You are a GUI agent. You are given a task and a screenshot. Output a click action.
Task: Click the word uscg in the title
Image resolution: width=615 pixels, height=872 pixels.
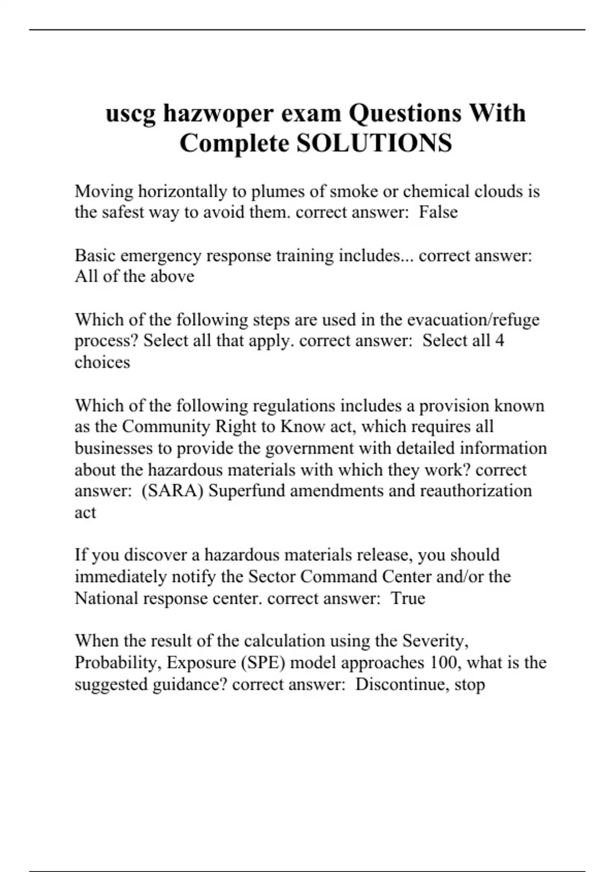(x=130, y=114)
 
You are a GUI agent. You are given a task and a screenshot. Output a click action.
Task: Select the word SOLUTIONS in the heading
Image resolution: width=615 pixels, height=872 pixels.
(x=374, y=143)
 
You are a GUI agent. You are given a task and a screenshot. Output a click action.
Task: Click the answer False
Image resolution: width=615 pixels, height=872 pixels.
(x=438, y=212)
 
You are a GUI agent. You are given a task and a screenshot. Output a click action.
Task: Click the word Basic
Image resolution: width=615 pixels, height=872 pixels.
(x=95, y=255)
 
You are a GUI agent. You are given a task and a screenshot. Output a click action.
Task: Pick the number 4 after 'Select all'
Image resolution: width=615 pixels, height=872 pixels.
(x=500, y=340)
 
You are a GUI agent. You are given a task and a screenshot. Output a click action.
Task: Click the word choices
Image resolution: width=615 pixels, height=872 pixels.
(x=102, y=362)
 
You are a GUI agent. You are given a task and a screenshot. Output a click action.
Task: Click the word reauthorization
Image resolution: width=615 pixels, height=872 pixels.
(x=476, y=491)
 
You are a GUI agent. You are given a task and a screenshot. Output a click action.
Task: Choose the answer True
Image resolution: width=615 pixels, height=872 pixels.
(x=408, y=598)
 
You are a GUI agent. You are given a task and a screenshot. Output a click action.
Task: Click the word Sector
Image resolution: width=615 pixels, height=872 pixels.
(x=272, y=577)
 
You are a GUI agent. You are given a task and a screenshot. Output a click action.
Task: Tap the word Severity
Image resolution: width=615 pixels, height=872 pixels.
(x=435, y=641)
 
